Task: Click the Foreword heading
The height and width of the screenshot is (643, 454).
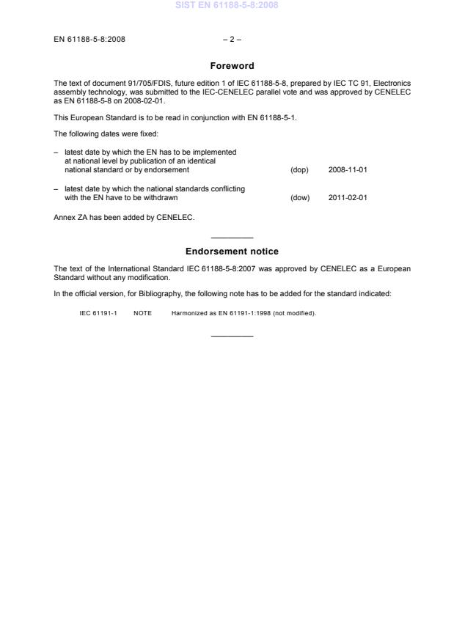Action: tap(232, 66)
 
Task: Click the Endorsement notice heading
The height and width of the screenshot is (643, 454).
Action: tap(232, 251)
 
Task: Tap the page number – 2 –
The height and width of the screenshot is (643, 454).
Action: tap(227, 39)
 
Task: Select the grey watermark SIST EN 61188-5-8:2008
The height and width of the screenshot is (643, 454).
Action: tap(227, 6)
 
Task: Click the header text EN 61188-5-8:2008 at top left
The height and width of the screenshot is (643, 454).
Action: tap(89, 39)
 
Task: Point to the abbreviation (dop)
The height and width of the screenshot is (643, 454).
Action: tap(299, 170)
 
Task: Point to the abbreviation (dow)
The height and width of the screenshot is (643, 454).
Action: tap(300, 197)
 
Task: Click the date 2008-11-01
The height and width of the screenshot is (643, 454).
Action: tap(348, 170)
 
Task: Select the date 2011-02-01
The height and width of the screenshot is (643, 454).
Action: tap(348, 197)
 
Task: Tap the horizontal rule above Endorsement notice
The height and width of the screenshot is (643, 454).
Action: tap(232, 238)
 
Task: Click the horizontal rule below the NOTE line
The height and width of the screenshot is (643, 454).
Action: tap(232, 336)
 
